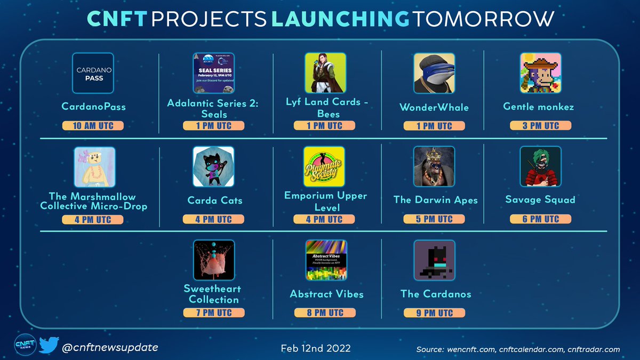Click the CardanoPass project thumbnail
93,73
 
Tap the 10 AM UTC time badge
93,126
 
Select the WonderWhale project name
434,107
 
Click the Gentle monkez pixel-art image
540,73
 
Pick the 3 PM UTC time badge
540,126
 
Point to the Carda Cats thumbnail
213,167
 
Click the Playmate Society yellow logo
324,167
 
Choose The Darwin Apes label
435,200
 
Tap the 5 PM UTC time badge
434,219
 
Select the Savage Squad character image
540,167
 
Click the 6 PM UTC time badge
540,219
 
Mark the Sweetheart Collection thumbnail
213,260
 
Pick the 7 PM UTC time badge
213,313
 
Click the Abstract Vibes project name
326,294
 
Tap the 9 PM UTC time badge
434,313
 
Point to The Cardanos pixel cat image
434,260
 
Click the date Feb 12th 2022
316,348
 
